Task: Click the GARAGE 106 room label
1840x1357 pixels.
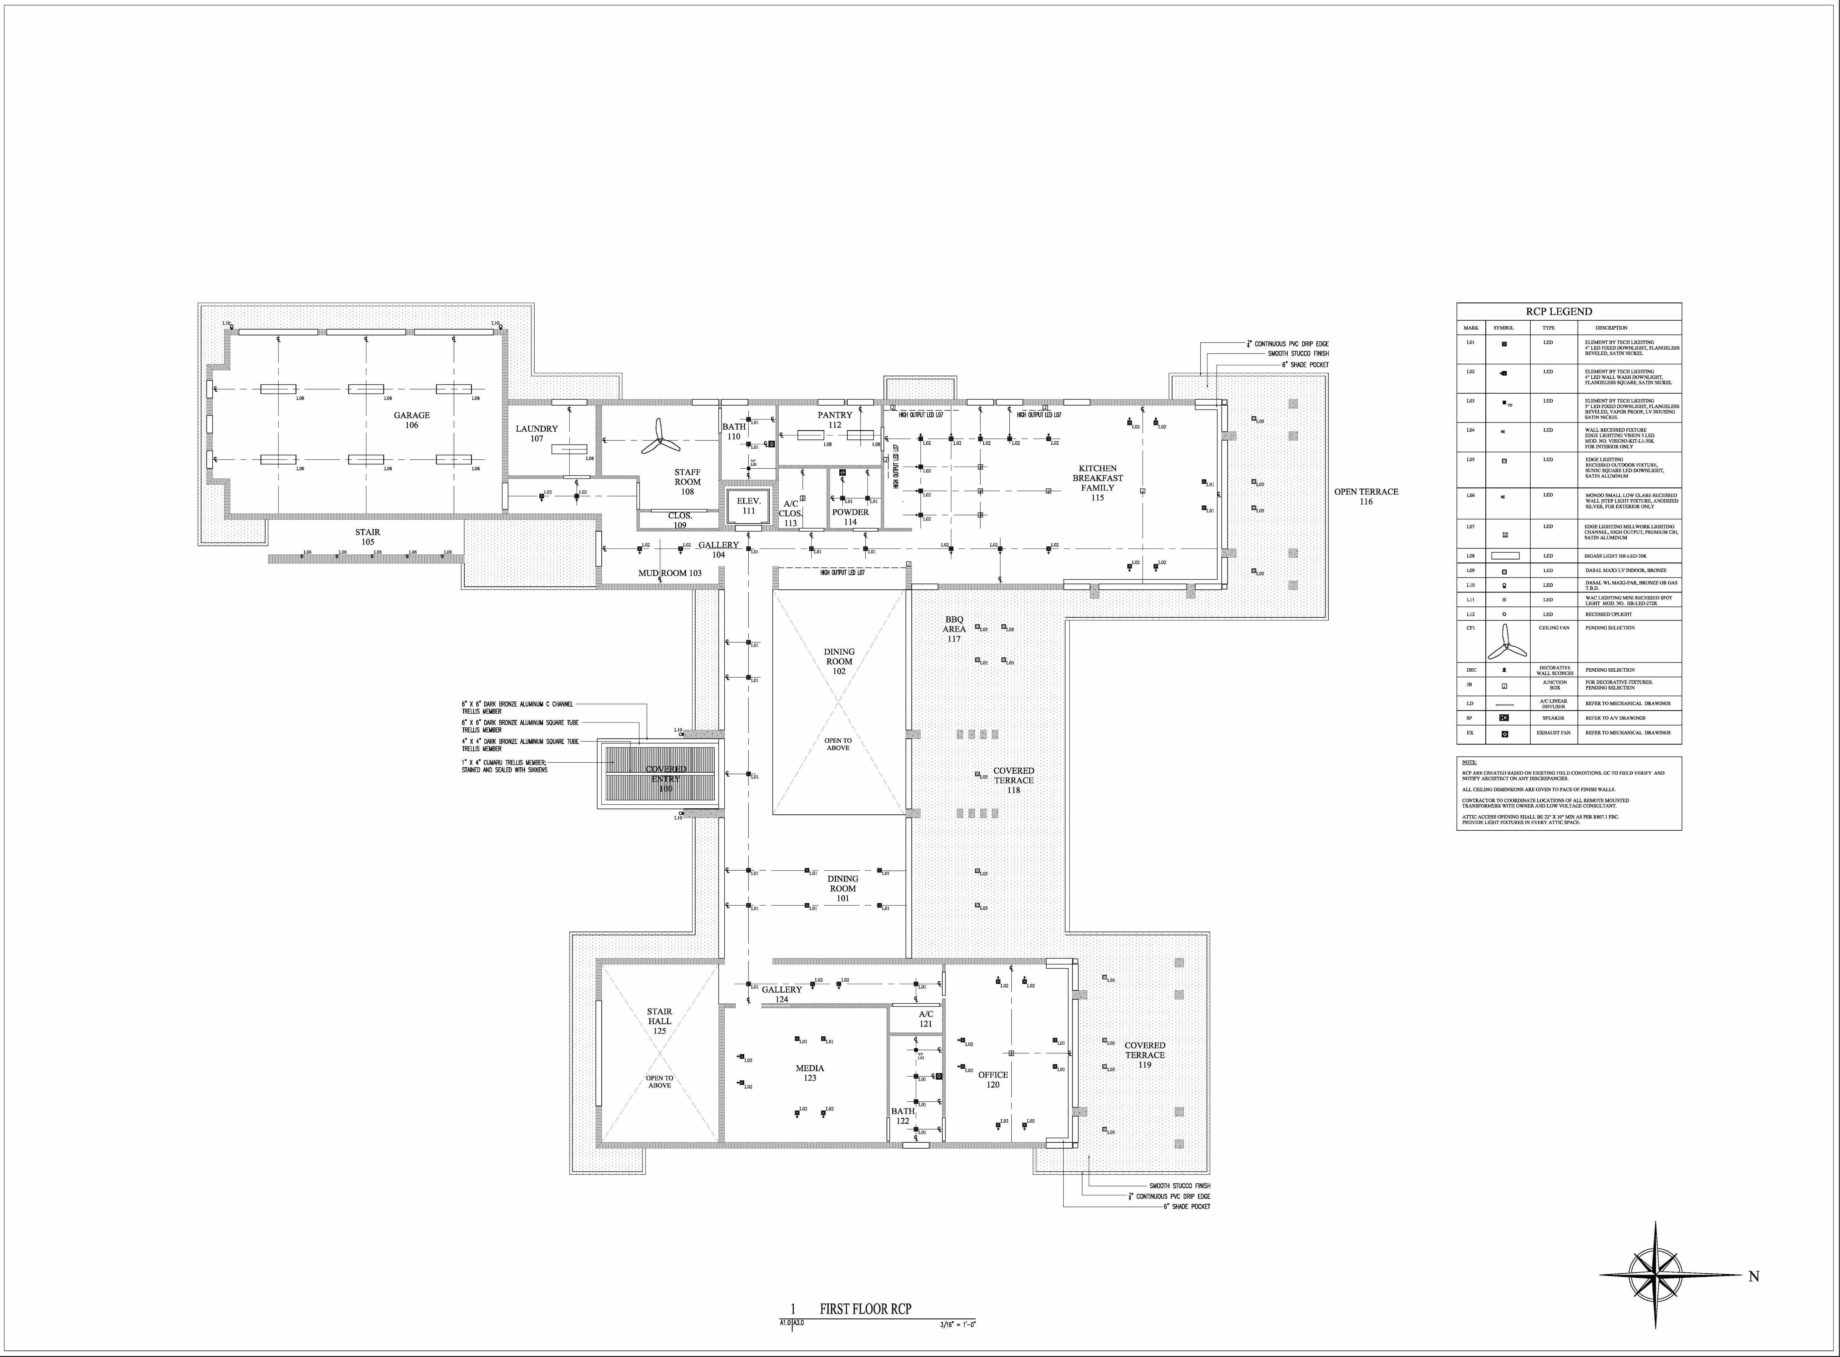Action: click(411, 420)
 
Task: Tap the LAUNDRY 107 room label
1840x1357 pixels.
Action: click(537, 433)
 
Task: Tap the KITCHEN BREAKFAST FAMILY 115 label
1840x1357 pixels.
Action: click(1097, 482)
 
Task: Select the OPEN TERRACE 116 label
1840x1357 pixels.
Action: click(1366, 496)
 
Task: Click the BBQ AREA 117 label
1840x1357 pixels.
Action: click(953, 628)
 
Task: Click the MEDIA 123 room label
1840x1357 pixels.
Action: click(810, 1073)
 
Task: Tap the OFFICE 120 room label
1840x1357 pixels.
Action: click(993, 1079)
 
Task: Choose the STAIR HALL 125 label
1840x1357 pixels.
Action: click(659, 1021)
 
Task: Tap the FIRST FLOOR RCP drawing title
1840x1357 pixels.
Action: click(865, 1309)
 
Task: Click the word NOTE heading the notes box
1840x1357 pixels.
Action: click(1469, 762)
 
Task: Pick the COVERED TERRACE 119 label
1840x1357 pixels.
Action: click(1145, 1055)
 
